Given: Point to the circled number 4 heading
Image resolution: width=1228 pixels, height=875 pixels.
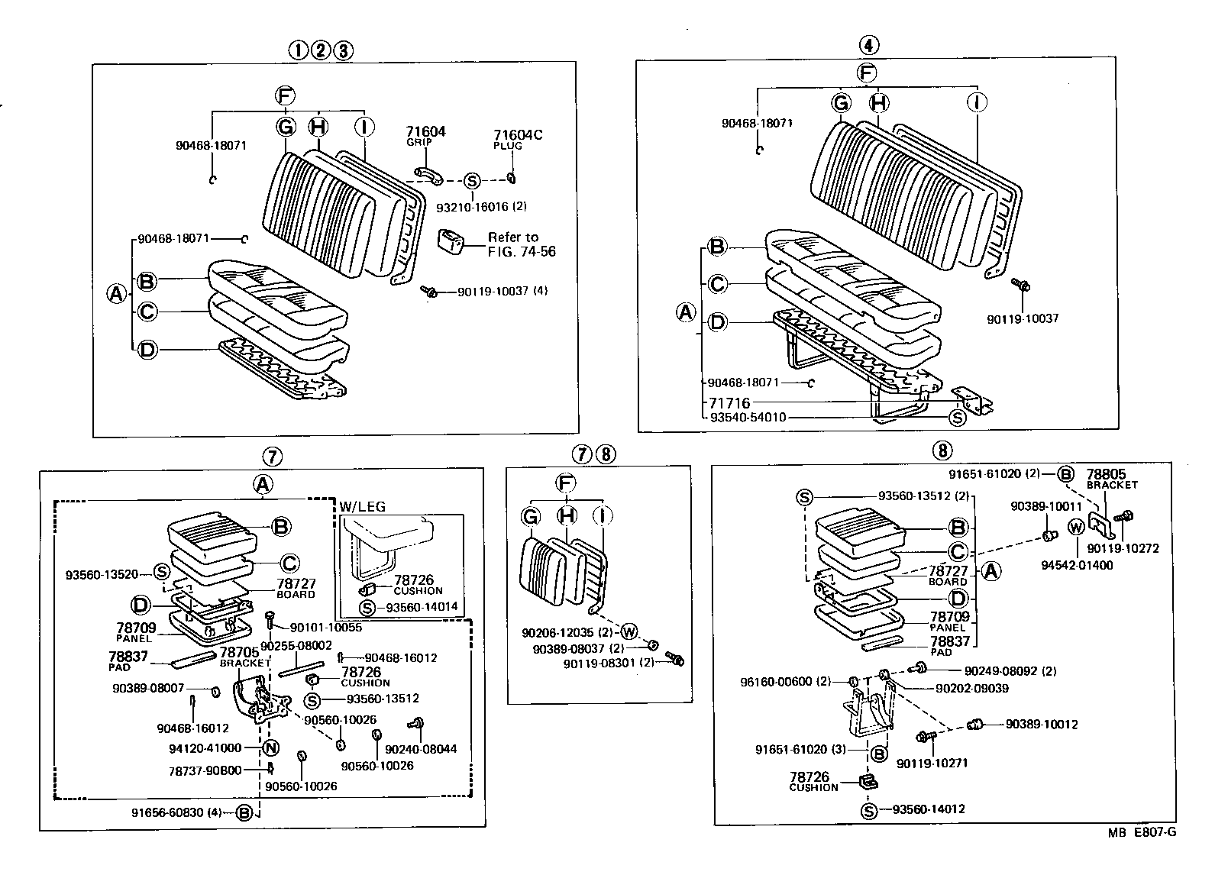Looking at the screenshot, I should pos(868,45).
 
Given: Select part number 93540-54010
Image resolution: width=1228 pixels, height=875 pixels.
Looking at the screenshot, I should pos(748,417).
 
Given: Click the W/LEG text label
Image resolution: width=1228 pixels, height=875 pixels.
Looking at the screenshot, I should pos(363,506).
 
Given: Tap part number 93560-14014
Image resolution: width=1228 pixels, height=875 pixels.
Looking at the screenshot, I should pos(422,607).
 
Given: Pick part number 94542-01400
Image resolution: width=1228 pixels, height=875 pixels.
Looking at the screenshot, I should pos(1081,565).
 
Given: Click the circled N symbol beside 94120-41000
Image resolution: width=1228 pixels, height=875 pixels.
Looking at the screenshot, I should pos(271,748).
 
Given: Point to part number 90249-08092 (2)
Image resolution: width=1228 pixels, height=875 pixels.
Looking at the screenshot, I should pos(1010,671).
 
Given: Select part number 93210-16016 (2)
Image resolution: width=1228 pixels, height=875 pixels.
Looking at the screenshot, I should pos(481,206).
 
